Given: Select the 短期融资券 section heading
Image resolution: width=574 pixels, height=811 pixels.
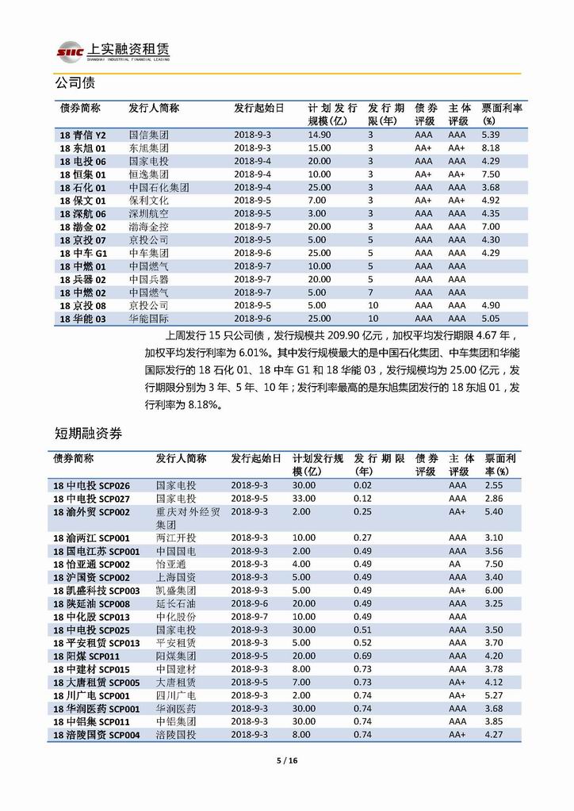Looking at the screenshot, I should pyautogui.click(x=89, y=433).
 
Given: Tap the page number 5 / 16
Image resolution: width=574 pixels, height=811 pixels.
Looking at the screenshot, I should pyautogui.click(x=286, y=761).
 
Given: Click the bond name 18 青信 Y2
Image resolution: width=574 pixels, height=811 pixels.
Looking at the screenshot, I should pyautogui.click(x=88, y=136).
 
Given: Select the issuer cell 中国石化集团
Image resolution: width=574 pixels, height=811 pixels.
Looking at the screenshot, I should pyautogui.click(x=159, y=187).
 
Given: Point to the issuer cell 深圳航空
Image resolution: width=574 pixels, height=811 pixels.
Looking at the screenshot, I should pyautogui.click(x=148, y=213).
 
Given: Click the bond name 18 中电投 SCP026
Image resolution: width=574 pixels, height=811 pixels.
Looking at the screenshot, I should pyautogui.click(x=97, y=485).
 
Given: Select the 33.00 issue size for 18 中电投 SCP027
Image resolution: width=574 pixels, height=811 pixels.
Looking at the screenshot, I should pyautogui.click(x=304, y=499).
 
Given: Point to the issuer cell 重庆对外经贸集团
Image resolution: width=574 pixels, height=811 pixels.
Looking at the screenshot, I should pyautogui.click(x=175, y=518).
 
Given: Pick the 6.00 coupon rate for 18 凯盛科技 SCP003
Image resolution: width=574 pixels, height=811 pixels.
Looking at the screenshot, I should pyautogui.click(x=493, y=591).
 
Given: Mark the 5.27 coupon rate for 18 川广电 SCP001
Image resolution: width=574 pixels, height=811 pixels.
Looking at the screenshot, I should pyautogui.click(x=493, y=695).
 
